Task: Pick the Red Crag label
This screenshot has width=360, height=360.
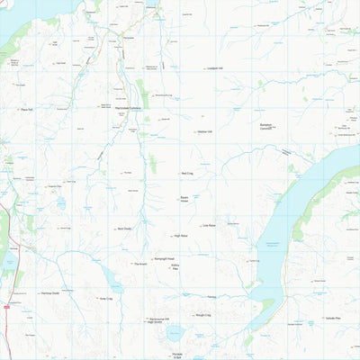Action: pos(187,173)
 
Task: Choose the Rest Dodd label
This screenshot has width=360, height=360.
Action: pos(125,229)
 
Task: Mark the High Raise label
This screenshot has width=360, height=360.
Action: pos(181,236)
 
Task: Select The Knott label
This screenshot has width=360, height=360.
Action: pos(139,264)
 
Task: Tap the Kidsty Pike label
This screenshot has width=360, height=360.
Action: pos(175,269)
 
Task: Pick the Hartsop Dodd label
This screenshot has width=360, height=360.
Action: pos(49,293)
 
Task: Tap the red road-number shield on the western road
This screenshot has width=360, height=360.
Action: pos(6,307)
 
